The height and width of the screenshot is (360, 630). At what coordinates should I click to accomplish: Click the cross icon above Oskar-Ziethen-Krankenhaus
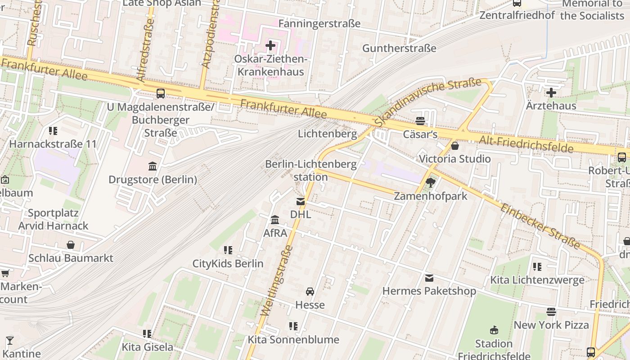pos(270,45)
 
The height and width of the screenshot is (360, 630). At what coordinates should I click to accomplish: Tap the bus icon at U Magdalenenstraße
pos(161,94)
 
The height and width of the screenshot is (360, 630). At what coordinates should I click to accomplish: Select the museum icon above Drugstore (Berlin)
pos(153,166)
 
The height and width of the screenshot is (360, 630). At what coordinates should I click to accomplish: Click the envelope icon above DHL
pos(300,202)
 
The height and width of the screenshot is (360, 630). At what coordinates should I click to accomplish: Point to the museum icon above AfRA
pos(275,220)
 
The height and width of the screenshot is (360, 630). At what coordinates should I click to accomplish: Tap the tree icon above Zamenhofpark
pos(431,183)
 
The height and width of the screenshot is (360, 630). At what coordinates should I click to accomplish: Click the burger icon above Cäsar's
pos(420,121)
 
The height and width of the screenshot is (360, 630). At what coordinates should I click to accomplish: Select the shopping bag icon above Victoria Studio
pos(455,146)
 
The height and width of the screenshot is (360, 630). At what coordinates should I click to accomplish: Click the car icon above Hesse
pos(310,292)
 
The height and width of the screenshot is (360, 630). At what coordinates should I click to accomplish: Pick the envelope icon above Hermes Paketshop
pos(429,278)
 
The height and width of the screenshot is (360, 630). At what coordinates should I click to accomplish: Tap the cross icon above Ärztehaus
pos(551,93)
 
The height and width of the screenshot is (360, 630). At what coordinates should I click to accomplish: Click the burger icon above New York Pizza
pos(551,311)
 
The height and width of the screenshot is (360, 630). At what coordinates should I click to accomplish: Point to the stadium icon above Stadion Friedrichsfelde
pos(494,330)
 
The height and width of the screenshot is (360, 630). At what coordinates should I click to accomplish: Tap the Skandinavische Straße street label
pos(428,102)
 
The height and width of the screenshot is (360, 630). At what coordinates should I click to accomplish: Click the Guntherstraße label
pos(399,48)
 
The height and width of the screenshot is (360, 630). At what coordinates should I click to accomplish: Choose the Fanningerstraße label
pos(319,23)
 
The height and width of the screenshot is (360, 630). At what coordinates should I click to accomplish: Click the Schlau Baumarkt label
pos(71,258)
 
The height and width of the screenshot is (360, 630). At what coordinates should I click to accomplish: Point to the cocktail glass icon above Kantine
pos(9,340)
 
